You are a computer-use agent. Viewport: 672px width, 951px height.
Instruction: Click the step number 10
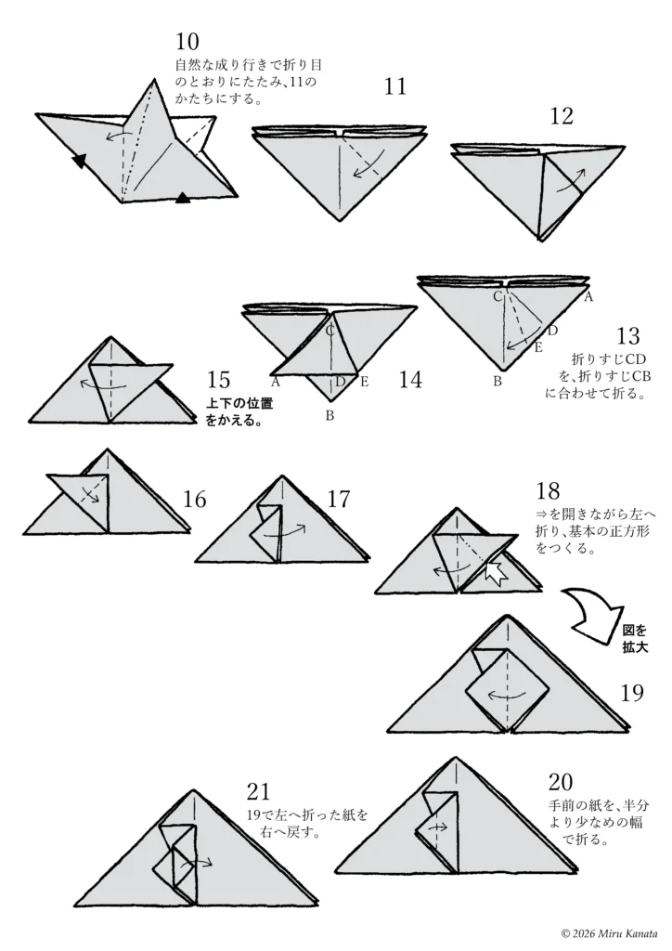187,42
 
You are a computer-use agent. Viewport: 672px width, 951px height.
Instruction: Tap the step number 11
395,86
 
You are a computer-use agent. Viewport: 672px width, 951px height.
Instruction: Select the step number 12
562,116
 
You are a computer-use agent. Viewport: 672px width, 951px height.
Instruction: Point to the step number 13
628,335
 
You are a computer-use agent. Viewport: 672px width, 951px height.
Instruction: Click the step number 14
410,380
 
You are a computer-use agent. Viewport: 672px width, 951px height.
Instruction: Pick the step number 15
218,380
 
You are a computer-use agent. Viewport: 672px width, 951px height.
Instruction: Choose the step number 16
195,499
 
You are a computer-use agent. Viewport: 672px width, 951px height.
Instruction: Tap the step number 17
339,499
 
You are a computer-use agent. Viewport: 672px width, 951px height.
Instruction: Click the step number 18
548,490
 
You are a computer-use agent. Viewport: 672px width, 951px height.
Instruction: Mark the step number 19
632,692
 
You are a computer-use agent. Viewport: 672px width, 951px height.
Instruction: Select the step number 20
561,782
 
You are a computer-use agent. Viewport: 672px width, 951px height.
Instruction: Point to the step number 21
258,791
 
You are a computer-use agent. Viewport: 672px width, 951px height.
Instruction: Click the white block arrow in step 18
496,572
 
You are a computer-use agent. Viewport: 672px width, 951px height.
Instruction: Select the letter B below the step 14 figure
330,416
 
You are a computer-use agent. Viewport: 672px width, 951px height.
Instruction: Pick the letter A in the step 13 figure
588,296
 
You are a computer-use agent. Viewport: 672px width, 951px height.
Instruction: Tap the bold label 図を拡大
635,639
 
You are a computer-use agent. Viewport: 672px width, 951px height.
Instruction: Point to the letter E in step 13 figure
537,347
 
